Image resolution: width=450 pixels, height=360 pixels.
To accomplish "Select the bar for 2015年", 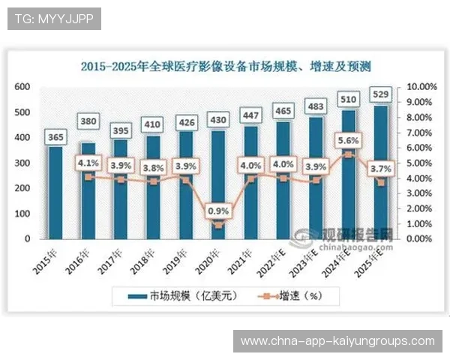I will [56, 192].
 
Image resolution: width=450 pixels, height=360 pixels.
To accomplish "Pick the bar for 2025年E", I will [381, 172].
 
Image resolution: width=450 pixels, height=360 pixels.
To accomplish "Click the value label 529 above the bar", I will [381, 94].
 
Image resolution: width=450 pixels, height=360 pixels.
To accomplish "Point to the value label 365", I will [57, 136].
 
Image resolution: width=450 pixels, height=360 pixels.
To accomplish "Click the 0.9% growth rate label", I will [218, 211].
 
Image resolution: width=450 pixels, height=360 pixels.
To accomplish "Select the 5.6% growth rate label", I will [349, 139].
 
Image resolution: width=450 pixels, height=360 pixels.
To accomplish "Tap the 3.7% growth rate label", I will [381, 170].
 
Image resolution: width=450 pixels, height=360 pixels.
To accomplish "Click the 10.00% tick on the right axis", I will [421, 87].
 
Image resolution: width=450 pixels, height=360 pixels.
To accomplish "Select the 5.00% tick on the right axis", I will [421, 163].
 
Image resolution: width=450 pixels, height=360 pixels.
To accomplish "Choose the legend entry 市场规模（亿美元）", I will [175, 295].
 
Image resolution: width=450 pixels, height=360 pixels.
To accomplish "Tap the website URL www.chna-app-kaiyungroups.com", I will [337, 340].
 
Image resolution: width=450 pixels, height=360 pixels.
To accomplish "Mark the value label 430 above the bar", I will [219, 120].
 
